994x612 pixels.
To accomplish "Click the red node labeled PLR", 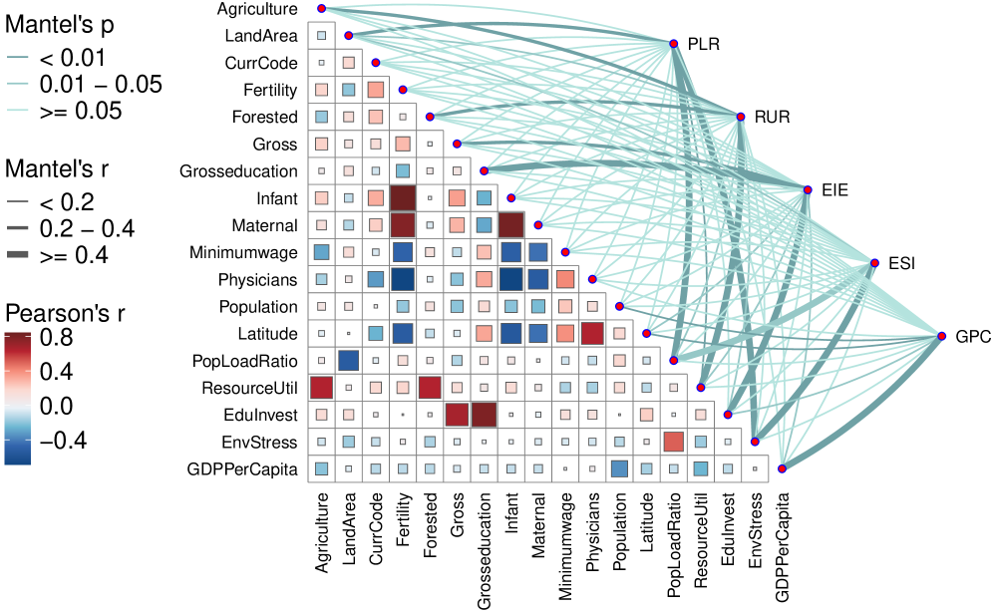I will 674,44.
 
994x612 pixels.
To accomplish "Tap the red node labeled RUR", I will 741,117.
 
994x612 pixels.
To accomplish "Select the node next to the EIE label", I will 808,189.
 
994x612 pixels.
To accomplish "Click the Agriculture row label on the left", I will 256,9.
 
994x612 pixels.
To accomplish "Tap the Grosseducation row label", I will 238,171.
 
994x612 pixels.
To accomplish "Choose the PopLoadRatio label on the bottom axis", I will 673,547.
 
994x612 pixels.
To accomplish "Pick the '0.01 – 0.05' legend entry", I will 99,85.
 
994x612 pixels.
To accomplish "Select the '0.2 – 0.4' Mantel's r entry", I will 86,228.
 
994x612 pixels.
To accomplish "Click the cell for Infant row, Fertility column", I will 403,198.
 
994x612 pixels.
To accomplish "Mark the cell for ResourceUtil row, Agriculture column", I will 321,387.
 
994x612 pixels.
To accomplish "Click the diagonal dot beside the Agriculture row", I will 321,8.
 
